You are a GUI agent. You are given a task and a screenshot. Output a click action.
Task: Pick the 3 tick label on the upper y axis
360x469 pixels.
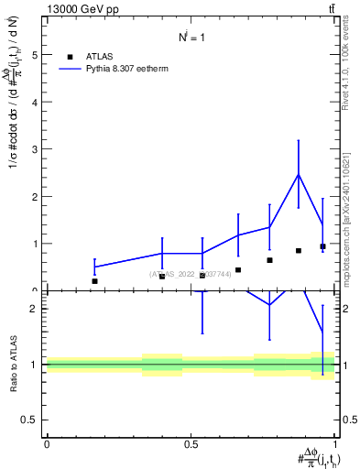point(33,149)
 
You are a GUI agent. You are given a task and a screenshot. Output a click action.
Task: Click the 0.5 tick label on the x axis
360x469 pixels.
point(191,444)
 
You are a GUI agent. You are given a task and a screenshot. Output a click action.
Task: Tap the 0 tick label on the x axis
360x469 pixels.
point(47,444)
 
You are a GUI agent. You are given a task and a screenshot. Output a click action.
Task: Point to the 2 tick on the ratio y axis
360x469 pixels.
point(33,309)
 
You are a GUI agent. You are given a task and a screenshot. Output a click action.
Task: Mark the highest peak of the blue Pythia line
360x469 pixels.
point(298,174)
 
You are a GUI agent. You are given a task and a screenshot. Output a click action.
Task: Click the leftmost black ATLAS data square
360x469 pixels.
point(94,281)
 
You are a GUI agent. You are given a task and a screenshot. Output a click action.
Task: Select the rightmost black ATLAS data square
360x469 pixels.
point(322,246)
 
